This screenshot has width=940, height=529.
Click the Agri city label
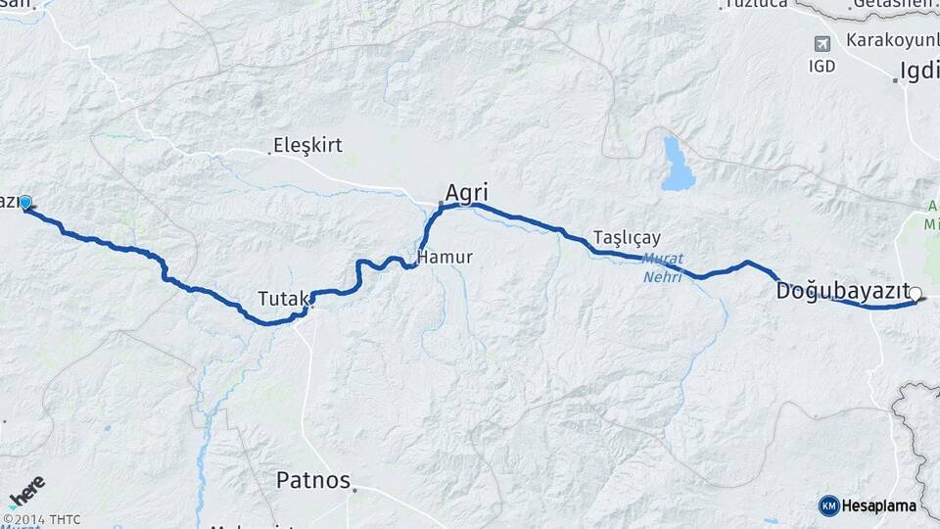click(x=466, y=192)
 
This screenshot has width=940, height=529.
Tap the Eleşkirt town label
click(x=310, y=146)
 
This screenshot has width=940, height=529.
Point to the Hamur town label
click(x=446, y=258)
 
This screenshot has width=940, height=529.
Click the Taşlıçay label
click(x=627, y=238)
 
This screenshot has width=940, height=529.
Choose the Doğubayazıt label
click(x=841, y=291)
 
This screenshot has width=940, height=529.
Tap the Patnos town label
click(x=312, y=480)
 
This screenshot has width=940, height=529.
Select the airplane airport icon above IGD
click(x=822, y=45)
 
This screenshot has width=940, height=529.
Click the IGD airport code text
click(x=822, y=67)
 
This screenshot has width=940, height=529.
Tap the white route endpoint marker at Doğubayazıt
click(x=916, y=293)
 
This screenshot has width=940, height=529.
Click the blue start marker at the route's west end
click(x=25, y=203)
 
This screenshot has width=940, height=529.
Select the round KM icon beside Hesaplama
click(x=829, y=505)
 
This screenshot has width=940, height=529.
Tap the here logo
click(x=26, y=491)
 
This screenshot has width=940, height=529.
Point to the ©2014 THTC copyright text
click(x=41, y=519)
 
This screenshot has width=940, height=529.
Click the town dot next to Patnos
click(x=355, y=489)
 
